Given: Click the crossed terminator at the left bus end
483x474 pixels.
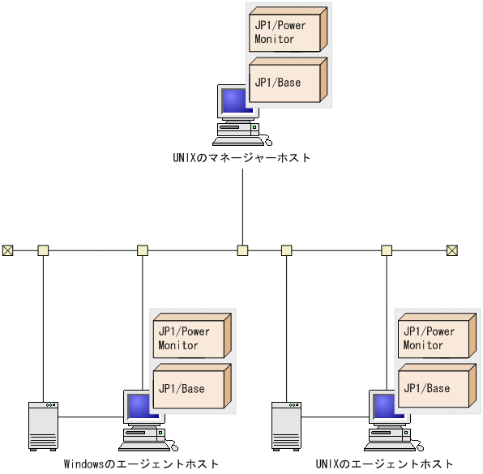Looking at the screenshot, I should pyautogui.click(x=8, y=250).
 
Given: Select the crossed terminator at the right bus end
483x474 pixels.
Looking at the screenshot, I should pyautogui.click(x=452, y=250).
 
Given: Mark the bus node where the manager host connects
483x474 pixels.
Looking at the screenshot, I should pyautogui.click(x=242, y=250).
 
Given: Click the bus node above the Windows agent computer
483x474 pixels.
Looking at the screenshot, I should pyautogui.click(x=143, y=250).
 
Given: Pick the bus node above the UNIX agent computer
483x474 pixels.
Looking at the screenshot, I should pyautogui.click(x=387, y=250).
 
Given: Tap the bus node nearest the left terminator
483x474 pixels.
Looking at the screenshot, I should pyautogui.click(x=43, y=250).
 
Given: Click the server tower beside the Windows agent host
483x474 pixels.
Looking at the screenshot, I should pyautogui.click(x=42, y=425).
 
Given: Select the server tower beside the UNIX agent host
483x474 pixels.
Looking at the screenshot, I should pyautogui.click(x=286, y=425).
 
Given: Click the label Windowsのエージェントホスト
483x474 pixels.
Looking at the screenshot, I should pyautogui.click(x=141, y=464).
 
